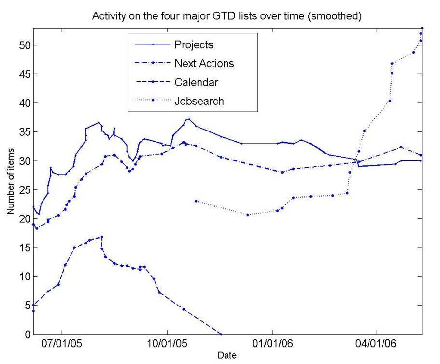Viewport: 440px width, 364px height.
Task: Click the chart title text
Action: pos(227,16)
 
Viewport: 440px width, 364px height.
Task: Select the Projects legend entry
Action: pos(193,45)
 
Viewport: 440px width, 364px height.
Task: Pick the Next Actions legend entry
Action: pos(204,63)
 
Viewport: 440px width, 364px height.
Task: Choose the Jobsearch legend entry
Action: pos(199,101)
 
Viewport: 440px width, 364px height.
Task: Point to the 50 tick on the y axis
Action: pos(22,45)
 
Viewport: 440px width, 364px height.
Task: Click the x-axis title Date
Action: pos(227,356)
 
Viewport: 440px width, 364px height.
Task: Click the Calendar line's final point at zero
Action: pos(221,334)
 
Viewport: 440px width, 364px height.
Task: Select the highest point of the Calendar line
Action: pos(102,237)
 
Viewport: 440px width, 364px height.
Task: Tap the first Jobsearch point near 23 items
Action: pos(196,201)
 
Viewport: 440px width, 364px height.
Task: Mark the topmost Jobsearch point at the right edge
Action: pos(422,28)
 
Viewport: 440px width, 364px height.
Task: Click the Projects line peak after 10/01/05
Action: pos(189,119)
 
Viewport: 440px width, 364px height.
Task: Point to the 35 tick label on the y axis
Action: pos(22,132)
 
